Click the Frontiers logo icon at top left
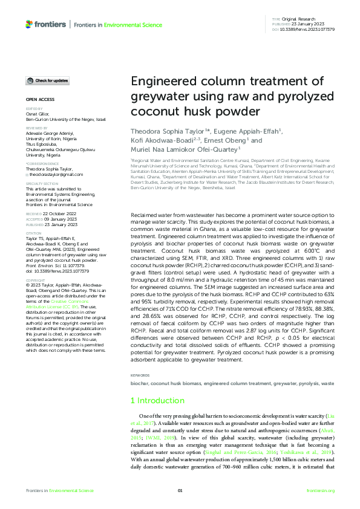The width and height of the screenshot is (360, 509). [x=29, y=24]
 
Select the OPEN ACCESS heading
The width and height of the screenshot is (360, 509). [x=40, y=99]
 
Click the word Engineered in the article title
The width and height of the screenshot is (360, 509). [x=161, y=83]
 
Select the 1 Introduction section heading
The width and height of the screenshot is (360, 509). [x=159, y=401]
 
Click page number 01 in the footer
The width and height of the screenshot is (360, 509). [x=180, y=491]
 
